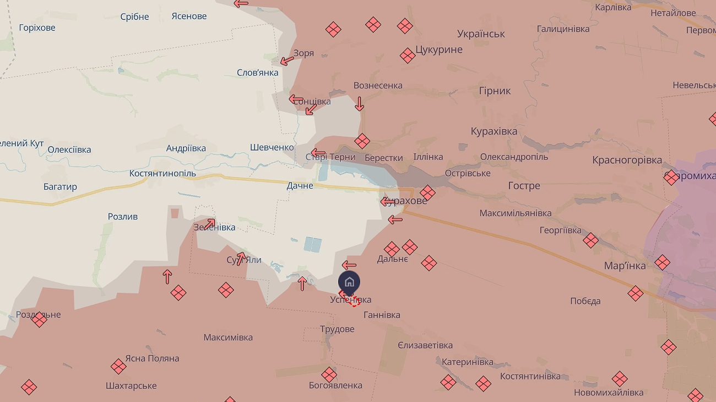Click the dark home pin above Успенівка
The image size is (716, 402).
coord(349,282)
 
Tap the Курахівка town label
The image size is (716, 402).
coord(494,131)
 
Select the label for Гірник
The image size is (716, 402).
coord(495,91)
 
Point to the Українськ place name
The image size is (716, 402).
coord(481,34)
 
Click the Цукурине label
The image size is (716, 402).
coord(439,50)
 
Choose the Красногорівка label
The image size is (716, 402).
coord(627,160)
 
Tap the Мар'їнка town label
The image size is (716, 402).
coord(625,266)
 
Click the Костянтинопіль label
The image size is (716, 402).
coord(162,174)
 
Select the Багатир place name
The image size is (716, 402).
coord(60,187)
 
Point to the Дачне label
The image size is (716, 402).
coord(300,186)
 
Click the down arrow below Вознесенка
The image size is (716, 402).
coord(359,104)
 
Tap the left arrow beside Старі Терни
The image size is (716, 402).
coord(318,153)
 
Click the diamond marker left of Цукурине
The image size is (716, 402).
coord(408,55)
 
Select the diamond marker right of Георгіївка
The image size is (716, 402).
coord(590,240)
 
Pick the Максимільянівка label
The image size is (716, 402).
coord(515,213)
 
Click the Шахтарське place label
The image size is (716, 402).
coord(131,386)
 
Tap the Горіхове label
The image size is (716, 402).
coord(37,28)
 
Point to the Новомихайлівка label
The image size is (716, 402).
coord(608,393)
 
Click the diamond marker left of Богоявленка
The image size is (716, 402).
coord(329,375)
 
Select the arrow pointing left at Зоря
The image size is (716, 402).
coord(287,60)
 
